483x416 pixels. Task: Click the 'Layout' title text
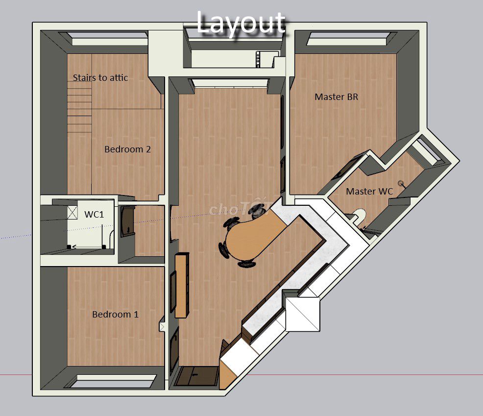pos(241,23)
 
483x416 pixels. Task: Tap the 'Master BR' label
pos(337,97)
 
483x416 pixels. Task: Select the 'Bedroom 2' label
pos(127,149)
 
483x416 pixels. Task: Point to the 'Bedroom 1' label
pos(115,314)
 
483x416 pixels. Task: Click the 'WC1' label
pos(94,214)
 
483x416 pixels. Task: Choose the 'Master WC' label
pos(369,192)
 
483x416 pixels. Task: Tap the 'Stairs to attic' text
pos(100,77)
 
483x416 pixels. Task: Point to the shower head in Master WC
pos(401,184)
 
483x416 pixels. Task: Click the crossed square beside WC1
pos(72,213)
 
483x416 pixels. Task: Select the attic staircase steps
pos(80,109)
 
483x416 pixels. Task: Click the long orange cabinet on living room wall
pos(182,285)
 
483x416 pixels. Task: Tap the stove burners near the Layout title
pos(258,59)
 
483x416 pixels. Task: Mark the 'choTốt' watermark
pos(240,209)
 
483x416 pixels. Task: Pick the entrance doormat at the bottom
pos(195,376)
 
